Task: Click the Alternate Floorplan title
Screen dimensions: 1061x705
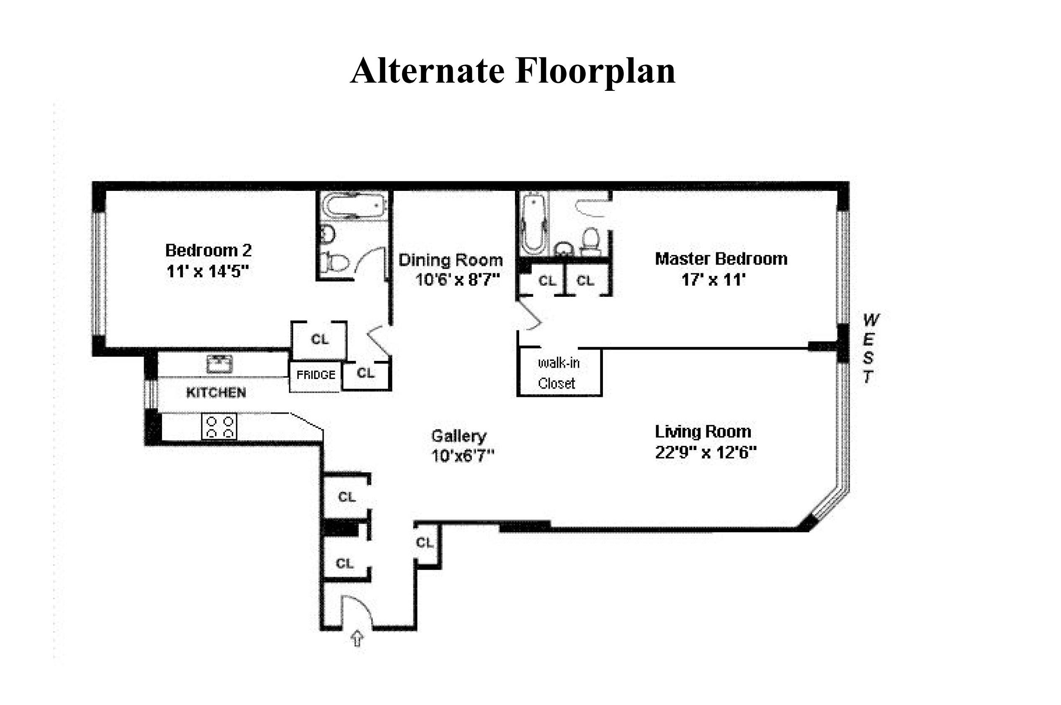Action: (x=512, y=71)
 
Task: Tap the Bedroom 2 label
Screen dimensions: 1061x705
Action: (x=208, y=250)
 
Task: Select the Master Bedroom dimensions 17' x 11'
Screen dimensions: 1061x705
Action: (x=713, y=280)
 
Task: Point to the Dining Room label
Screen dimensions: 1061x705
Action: (x=451, y=260)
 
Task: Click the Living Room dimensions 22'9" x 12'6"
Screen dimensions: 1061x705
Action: (x=706, y=452)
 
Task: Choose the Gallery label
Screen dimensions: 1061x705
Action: (x=458, y=436)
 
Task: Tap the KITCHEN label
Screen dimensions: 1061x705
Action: (x=216, y=393)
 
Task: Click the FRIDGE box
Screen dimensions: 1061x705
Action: (x=316, y=375)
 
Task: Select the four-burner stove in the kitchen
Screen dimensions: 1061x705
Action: (x=219, y=427)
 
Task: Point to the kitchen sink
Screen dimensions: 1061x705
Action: (x=219, y=364)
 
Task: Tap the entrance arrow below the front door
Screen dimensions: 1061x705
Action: (x=357, y=638)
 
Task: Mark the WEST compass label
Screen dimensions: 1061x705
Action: (x=870, y=348)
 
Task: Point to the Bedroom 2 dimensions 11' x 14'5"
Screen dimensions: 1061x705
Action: (x=207, y=272)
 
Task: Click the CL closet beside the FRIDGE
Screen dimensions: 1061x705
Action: (x=366, y=373)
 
